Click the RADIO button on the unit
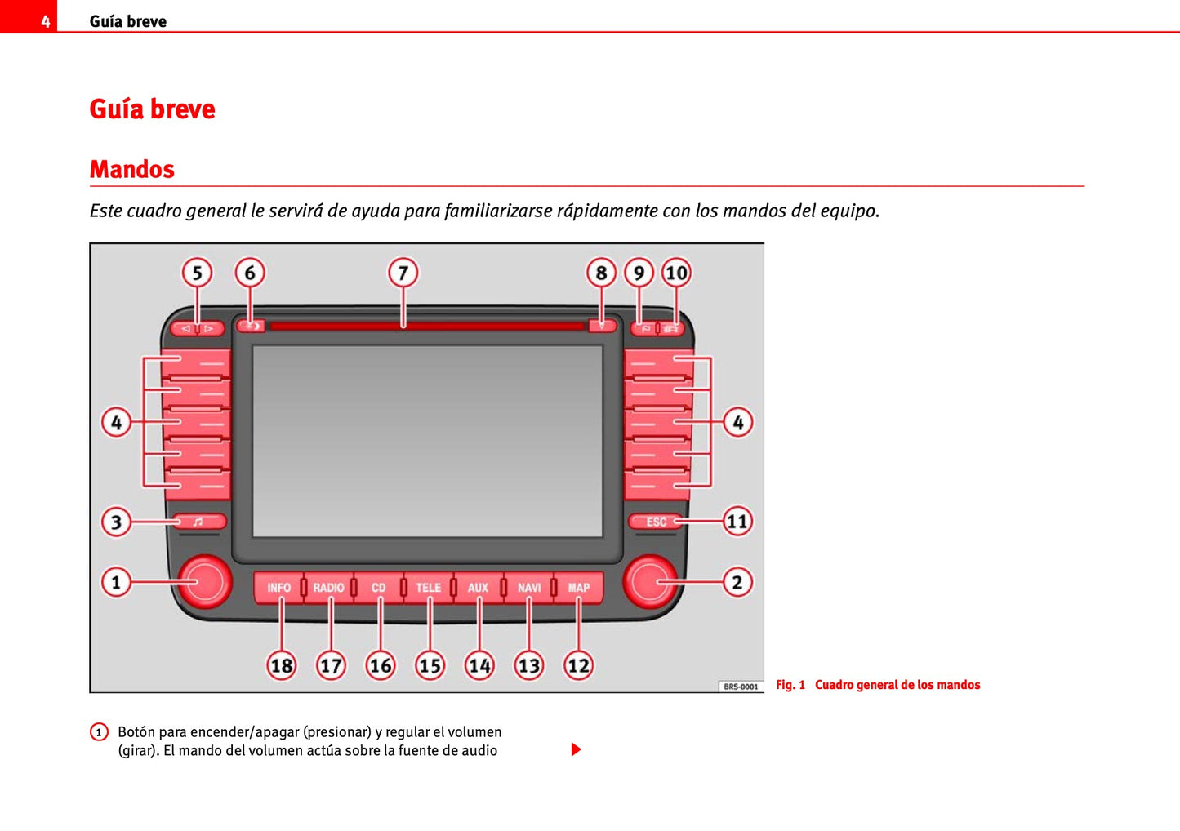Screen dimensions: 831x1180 click(x=328, y=588)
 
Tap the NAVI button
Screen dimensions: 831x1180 click(x=529, y=588)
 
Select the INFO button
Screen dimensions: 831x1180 click(x=278, y=588)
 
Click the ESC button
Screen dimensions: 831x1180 click(x=656, y=522)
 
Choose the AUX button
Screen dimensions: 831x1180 click(x=478, y=588)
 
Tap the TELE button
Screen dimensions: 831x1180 click(x=428, y=588)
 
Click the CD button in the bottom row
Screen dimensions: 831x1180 click(x=378, y=588)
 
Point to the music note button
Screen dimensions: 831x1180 click(x=198, y=522)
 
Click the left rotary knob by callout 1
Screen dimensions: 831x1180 click(x=204, y=581)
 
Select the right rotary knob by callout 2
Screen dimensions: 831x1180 click(x=650, y=581)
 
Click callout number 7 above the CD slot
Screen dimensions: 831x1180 click(x=403, y=273)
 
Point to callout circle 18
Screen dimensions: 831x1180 click(x=282, y=666)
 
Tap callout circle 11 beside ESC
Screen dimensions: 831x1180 click(x=737, y=521)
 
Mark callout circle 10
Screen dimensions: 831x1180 click(x=676, y=273)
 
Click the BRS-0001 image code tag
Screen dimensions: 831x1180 click(x=741, y=687)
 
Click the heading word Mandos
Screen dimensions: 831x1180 click(x=132, y=169)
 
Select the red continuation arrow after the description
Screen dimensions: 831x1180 click(x=576, y=749)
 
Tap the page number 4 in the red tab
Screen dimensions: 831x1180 click(x=46, y=21)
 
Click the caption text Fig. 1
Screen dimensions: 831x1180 click(x=790, y=685)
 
